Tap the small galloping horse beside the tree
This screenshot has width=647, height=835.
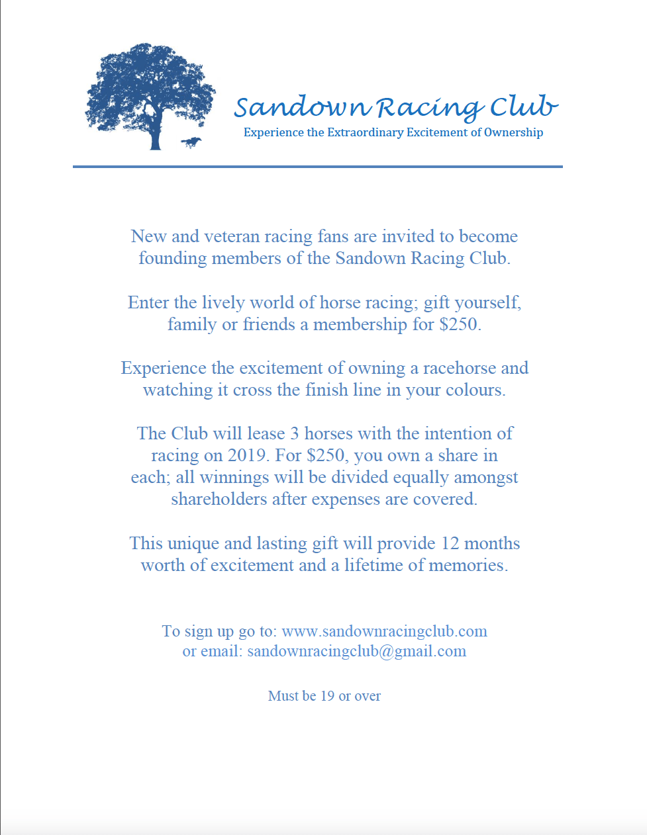pos(191,142)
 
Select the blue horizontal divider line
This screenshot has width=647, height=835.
pos(318,167)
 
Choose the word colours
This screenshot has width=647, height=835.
pos(474,390)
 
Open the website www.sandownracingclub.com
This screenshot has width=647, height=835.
pos(384,631)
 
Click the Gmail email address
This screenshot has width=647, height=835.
pos(356,651)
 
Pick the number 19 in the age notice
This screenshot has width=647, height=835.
pos(327,696)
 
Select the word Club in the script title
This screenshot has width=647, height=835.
pos(523,107)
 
